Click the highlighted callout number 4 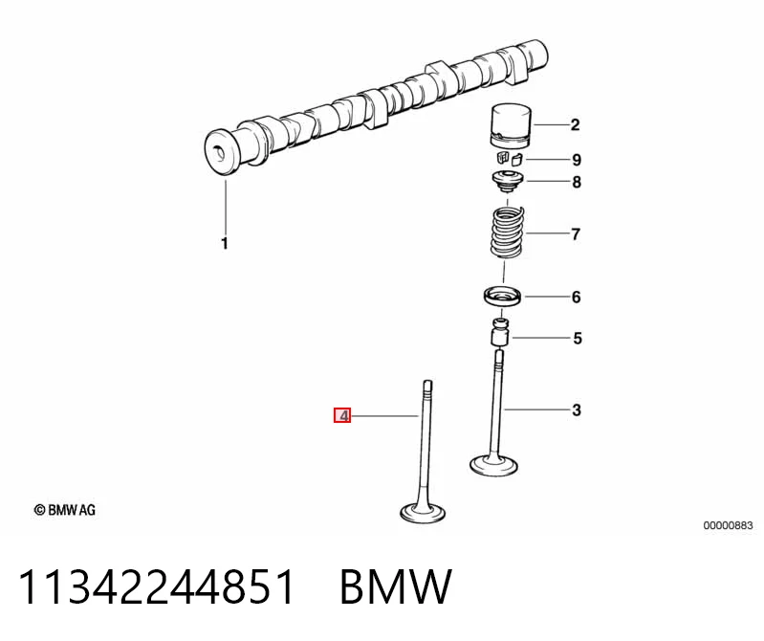tap(342, 415)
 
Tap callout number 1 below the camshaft tap(225, 243)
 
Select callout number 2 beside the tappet tap(575, 125)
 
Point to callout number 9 tap(577, 160)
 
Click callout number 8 tap(577, 183)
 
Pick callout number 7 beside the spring tap(576, 234)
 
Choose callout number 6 tap(577, 297)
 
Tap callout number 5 tap(578, 339)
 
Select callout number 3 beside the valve tap(577, 410)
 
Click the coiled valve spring tap(508, 232)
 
